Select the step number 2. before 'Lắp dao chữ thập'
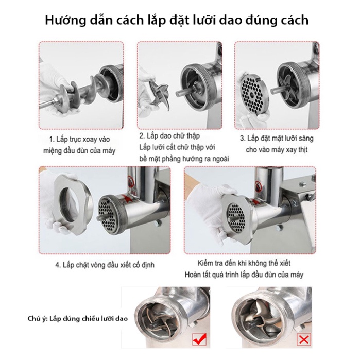[142, 136]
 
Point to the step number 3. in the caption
[243, 139]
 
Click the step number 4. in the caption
[58, 266]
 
